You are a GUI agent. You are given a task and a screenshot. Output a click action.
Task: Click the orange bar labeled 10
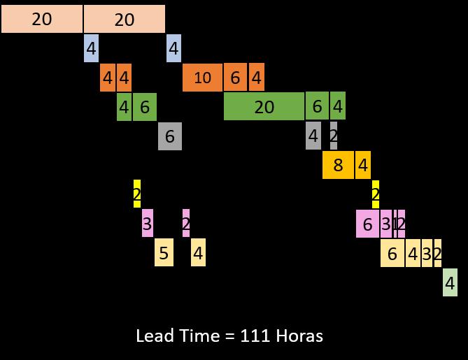click(x=202, y=78)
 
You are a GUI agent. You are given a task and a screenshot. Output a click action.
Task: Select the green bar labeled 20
click(x=264, y=106)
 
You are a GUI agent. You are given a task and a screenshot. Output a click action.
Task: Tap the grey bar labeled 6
click(x=169, y=136)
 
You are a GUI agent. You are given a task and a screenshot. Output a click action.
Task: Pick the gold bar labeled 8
click(x=338, y=166)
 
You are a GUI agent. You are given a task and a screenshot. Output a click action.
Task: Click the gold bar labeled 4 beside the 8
click(x=362, y=166)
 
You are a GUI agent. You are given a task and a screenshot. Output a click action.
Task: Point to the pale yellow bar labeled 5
click(x=164, y=253)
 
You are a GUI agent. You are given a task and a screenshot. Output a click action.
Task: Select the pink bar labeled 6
click(x=367, y=224)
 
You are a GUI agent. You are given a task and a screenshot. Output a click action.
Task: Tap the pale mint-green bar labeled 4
click(x=450, y=283)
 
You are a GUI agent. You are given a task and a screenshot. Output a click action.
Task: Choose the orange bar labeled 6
click(x=235, y=78)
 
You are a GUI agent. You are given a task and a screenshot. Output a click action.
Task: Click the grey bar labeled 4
click(x=313, y=136)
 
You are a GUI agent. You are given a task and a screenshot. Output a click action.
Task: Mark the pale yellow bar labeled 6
click(x=392, y=253)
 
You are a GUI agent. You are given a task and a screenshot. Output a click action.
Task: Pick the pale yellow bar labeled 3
click(x=427, y=253)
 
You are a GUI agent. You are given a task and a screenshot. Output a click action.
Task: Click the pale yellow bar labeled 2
click(x=438, y=253)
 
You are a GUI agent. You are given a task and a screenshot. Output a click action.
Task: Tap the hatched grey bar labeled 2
click(x=333, y=136)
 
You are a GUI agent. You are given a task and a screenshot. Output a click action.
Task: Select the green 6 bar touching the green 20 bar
click(x=317, y=106)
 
